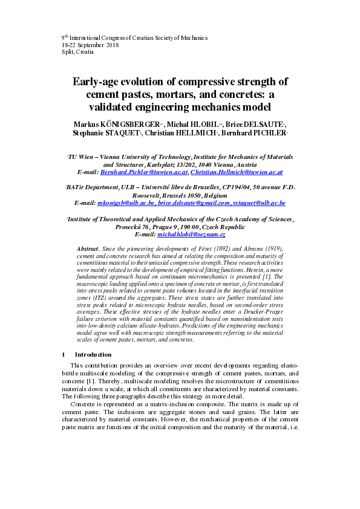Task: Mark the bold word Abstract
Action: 88,249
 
